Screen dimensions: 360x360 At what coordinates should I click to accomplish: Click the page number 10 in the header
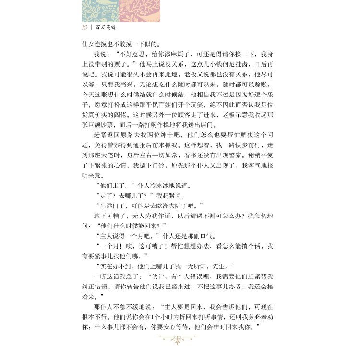[85, 27]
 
